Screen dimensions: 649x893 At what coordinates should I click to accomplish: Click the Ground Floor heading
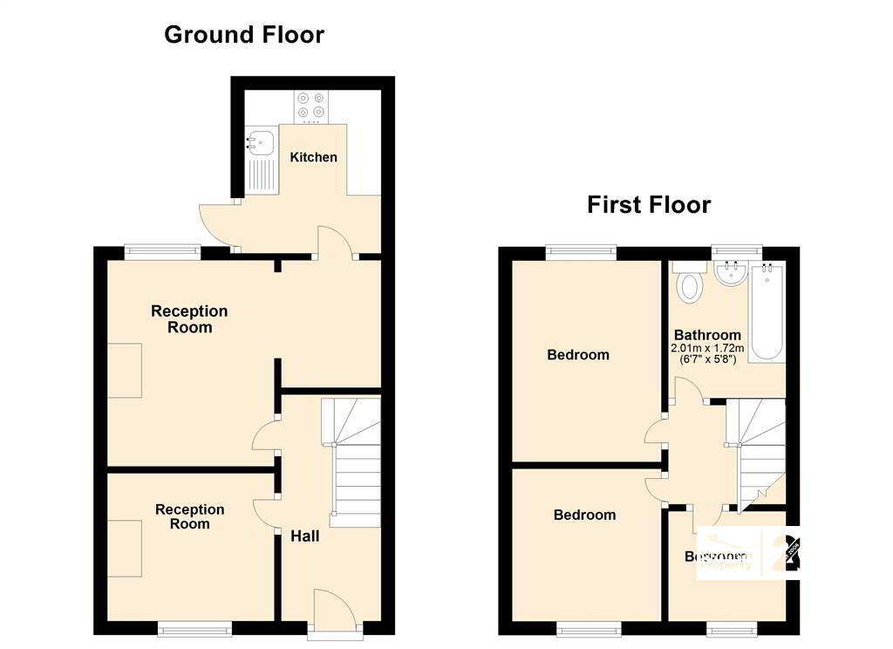click(244, 35)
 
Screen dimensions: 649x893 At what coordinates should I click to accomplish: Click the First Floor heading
click(649, 205)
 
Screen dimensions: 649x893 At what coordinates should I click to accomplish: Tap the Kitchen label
click(313, 157)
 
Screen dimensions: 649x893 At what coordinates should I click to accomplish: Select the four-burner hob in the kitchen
click(311, 105)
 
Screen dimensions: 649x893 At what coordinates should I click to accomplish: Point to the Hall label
click(304, 536)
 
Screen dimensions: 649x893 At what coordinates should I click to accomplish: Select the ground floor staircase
click(353, 462)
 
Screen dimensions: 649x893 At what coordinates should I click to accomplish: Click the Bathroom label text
click(707, 335)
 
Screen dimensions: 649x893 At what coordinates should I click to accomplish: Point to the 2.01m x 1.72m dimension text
click(707, 348)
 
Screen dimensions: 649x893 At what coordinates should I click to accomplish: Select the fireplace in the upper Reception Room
click(124, 371)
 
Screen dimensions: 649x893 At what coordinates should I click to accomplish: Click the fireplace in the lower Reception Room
click(124, 548)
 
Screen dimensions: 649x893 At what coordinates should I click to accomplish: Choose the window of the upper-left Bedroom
click(581, 253)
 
